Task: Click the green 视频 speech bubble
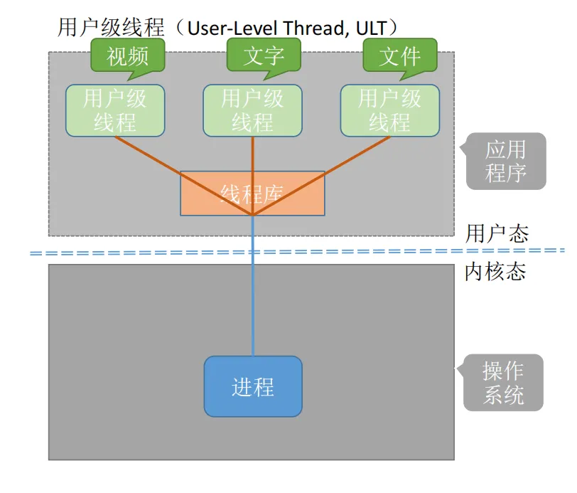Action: (128, 55)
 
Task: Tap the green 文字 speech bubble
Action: (264, 55)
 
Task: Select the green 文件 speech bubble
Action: (400, 55)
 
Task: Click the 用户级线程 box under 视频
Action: (115, 110)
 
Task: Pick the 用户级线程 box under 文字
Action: (252, 110)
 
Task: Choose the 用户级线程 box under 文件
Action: (389, 110)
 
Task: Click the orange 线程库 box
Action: (252, 193)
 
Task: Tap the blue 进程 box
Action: (253, 386)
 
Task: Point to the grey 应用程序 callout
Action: (506, 161)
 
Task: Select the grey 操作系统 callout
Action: (504, 383)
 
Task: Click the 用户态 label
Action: (497, 233)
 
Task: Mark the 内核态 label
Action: (495, 271)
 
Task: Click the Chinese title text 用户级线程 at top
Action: (110, 28)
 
